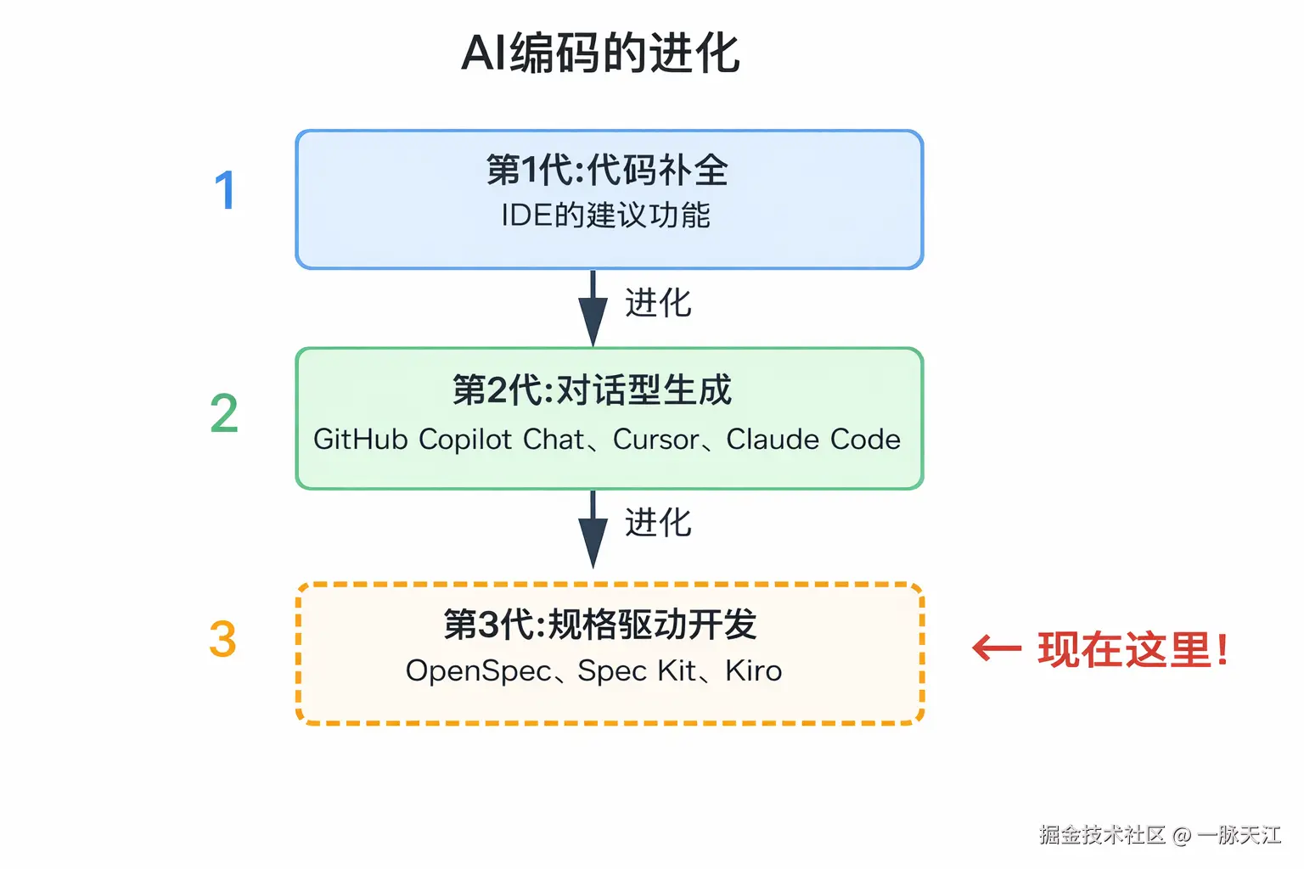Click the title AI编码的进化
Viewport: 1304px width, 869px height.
tap(600, 53)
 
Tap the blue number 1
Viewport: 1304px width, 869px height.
tap(224, 191)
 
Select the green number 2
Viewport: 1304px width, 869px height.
tap(224, 414)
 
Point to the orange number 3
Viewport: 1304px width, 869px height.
tap(222, 639)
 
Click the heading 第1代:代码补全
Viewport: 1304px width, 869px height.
tap(607, 170)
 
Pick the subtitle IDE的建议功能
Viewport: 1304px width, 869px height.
tap(605, 216)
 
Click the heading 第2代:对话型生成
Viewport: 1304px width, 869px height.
tap(592, 390)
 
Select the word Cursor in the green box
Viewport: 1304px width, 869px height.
tap(655, 440)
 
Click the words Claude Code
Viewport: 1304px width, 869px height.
tap(813, 440)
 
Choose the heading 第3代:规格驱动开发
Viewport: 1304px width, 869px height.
tap(599, 625)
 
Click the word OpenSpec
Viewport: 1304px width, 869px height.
tap(479, 671)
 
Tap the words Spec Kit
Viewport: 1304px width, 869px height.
tap(637, 671)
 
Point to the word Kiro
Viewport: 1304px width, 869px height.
tap(753, 671)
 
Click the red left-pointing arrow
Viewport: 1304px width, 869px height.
tap(997, 649)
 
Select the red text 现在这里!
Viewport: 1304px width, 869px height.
tap(1133, 650)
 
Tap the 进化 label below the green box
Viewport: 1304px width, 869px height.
tap(658, 523)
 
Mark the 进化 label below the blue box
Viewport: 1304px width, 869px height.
tap(658, 303)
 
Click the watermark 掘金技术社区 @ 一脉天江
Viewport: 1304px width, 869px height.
tap(1160, 835)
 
